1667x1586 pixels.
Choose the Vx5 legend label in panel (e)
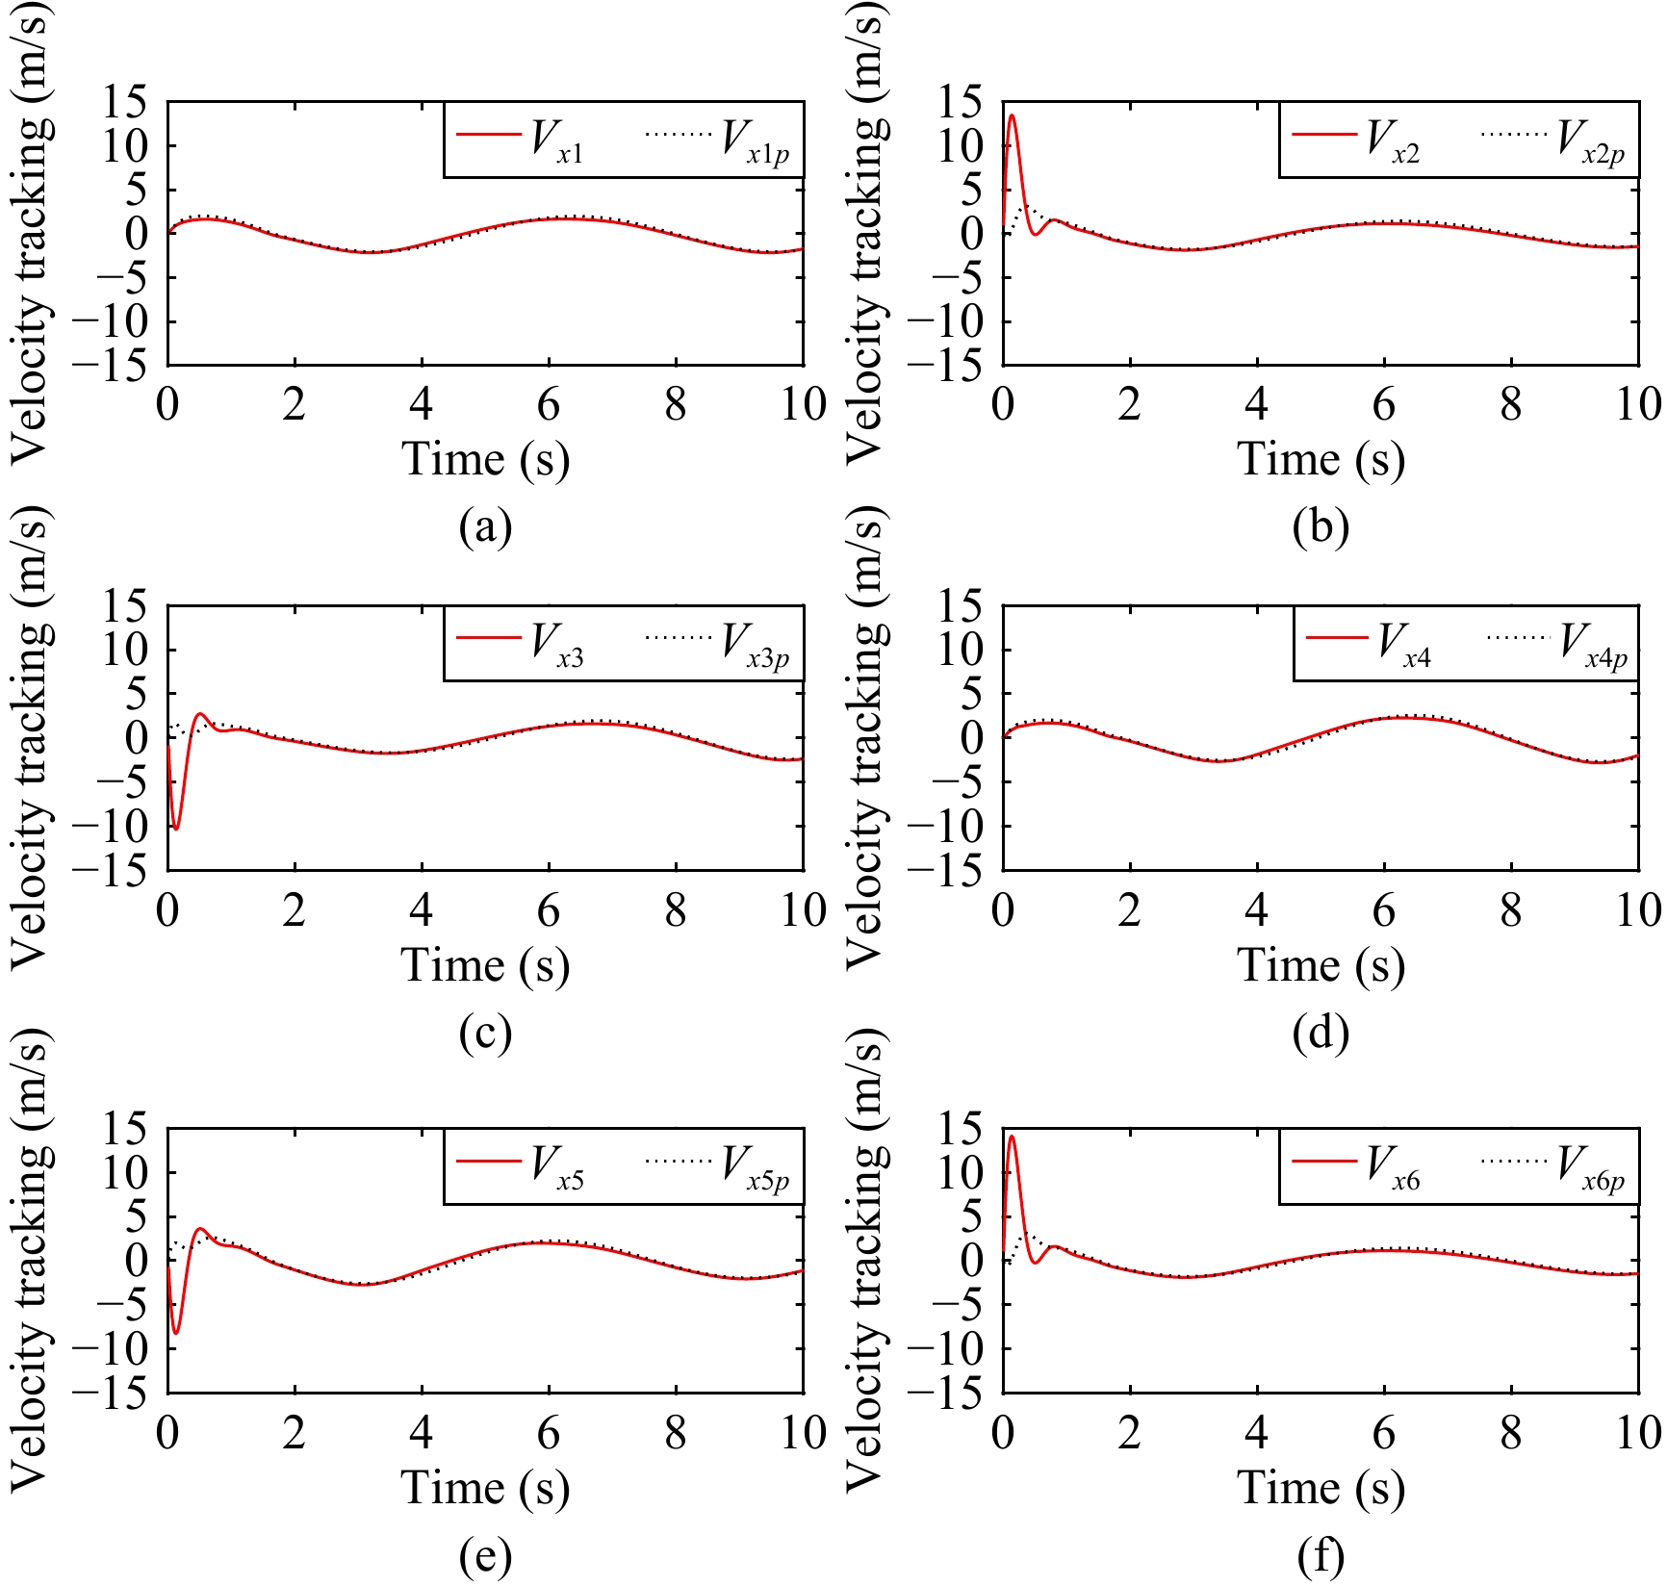coord(556,1166)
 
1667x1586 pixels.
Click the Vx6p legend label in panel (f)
coord(1590,1166)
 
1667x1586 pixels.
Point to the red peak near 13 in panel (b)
coord(1012,115)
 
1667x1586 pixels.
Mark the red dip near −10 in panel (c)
coord(175,829)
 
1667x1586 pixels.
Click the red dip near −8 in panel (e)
coord(175,1333)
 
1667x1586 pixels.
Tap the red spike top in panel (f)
coord(1012,1137)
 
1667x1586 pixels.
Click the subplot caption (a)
coord(485,526)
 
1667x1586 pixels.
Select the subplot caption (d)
coord(1321,1033)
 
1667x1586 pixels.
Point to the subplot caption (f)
coord(1321,1556)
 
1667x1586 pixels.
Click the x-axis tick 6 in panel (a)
coord(549,405)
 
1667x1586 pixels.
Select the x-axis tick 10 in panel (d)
coord(1637,910)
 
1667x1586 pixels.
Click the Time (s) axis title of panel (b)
coord(1321,459)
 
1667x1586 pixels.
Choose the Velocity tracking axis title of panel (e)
coord(31,1261)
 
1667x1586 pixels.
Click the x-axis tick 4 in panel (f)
coord(1257,1434)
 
